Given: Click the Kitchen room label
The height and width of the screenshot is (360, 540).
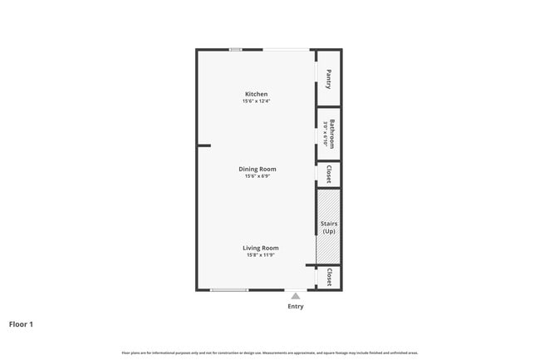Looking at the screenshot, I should pos(256,93).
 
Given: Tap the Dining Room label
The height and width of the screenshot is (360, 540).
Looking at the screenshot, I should pos(257,169).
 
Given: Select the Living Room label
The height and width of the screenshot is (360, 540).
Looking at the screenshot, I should pos(260,248).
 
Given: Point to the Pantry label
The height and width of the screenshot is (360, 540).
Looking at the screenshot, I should pos(329,78).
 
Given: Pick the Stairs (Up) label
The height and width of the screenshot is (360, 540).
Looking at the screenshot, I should pos(329,227).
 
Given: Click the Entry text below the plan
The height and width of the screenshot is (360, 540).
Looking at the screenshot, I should pos(296,306).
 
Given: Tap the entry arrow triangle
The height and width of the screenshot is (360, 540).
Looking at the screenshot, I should pos(296,294).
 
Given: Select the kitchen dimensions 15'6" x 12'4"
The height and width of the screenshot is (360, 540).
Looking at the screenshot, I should pos(257,101).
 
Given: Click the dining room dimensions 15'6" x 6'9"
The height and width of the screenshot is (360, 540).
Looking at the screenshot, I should pos(257,176).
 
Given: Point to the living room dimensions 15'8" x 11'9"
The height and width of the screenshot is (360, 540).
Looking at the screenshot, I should pos(260,255).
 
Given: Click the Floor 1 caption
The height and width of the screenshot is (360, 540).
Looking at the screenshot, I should pos(21,324).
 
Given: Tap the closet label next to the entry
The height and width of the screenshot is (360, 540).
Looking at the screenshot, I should pos(329,277).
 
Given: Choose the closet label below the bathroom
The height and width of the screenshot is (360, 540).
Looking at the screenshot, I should pos(329,175).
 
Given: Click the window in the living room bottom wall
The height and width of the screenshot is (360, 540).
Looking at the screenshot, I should pos(228,289).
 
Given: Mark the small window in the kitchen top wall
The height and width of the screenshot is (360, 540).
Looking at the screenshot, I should pos(236,50).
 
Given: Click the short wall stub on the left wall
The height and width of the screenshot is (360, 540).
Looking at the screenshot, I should pos(204,145).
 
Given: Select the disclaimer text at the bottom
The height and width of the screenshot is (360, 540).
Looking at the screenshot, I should pos(269,353).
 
